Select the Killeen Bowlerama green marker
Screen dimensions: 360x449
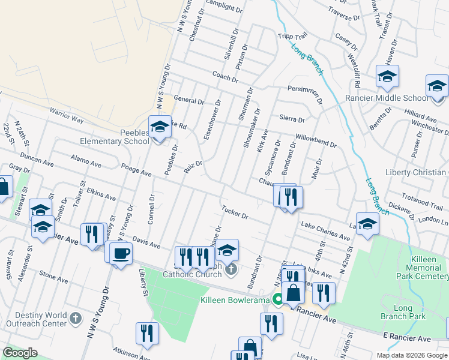pos(278,299)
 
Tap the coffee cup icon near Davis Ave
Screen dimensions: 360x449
pos(121,253)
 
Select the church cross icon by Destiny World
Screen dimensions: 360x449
pos(75,317)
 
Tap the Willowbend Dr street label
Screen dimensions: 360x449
pos(315,140)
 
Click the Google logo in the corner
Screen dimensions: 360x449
pos(20,353)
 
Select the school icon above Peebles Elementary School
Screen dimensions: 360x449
pos(160,128)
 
